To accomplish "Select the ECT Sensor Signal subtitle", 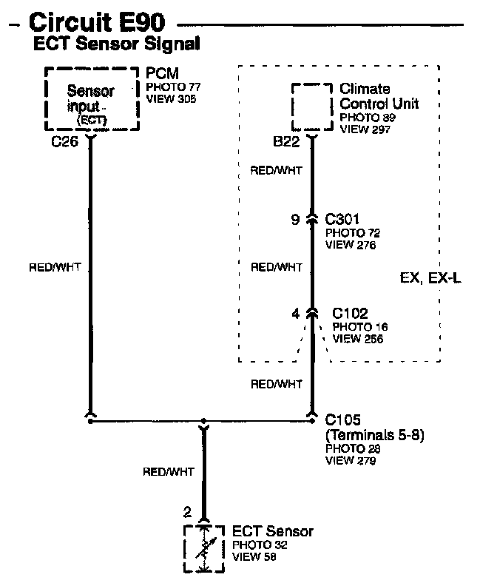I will coord(116,44).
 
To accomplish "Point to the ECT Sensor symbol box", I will coord(202,547).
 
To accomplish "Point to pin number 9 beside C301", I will coord(295,220).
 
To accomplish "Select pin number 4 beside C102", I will coord(296,314).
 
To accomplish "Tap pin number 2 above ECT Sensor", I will coord(186,511).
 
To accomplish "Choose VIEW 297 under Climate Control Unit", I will coord(365,129).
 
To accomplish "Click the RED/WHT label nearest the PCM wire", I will coord(53,266).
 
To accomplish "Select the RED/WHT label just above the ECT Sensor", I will coord(169,471).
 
